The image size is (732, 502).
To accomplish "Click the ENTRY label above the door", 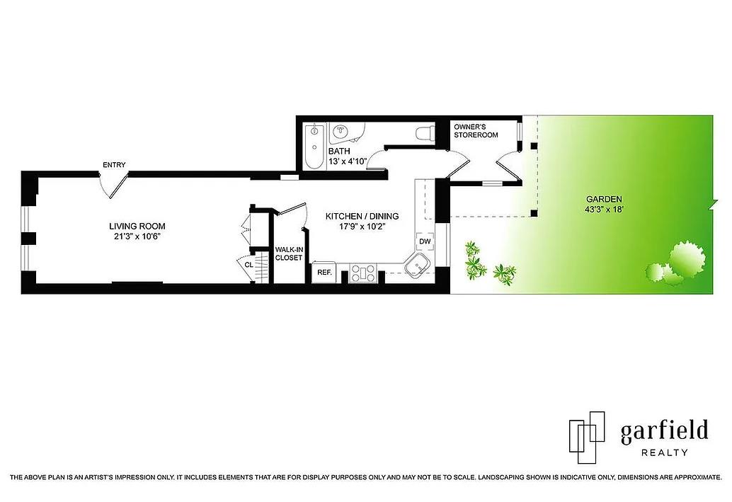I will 114,165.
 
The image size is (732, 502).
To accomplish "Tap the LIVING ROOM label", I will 137,227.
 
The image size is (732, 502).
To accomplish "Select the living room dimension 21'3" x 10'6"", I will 137,236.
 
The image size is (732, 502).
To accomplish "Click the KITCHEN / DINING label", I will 362,217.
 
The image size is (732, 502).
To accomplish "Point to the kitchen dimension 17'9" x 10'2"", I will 362,227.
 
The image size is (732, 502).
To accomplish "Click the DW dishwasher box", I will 425,241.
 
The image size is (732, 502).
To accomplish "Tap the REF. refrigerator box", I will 324,272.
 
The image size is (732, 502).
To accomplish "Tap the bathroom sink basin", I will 343,132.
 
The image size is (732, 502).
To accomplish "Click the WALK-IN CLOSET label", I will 288,253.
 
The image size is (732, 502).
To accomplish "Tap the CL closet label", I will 248,266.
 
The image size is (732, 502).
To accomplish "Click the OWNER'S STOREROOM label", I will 476,131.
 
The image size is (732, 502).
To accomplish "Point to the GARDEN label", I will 603,199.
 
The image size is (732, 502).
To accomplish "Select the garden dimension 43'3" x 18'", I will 603,209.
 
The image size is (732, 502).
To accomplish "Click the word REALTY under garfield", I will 664,452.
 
